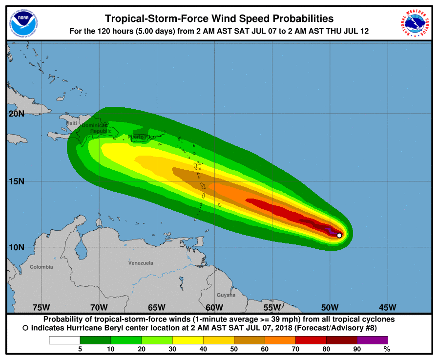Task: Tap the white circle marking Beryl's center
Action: (339, 235)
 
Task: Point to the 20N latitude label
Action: (17, 114)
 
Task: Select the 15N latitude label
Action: (17, 181)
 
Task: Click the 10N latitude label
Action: (17, 247)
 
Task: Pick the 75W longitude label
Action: (41, 307)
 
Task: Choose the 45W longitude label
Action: (387, 307)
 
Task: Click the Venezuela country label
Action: (141, 263)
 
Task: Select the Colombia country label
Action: (41, 267)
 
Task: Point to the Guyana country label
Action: (226, 295)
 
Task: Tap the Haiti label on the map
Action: (72, 123)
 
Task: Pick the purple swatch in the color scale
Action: (372, 340)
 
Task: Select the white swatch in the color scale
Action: (64, 340)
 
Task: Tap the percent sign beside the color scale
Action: (387, 349)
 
